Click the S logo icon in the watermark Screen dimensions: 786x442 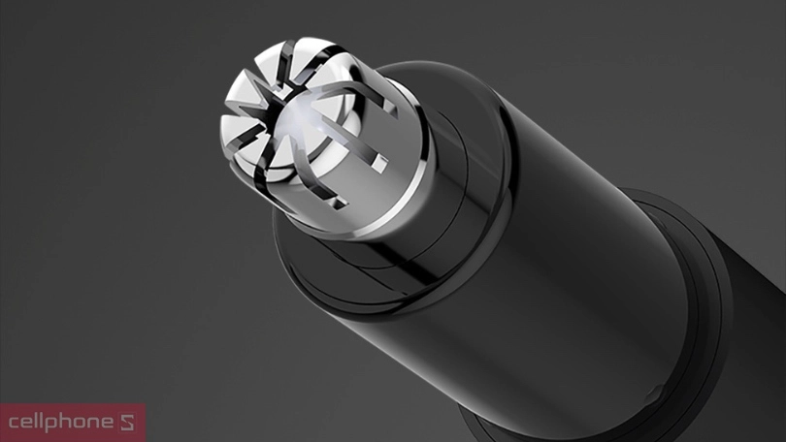point(127,423)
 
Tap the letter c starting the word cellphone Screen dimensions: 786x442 point(14,423)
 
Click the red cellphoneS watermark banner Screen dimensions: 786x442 point(73,423)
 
